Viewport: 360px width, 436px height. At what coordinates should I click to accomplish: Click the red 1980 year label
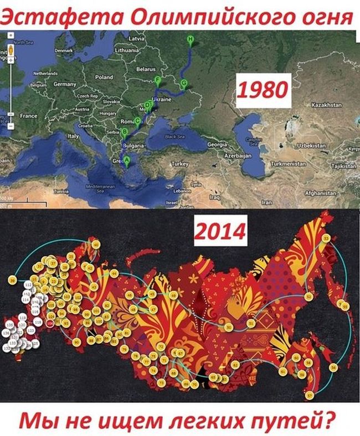[263, 90]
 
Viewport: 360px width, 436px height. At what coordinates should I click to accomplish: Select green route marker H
[191, 39]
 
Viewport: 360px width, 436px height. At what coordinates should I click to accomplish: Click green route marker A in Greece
[126, 160]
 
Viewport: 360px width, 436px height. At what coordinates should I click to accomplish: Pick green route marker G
[184, 84]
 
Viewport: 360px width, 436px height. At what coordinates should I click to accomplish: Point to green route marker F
[158, 81]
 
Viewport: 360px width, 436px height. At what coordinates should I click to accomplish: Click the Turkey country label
[181, 164]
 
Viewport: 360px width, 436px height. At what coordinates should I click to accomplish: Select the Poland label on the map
[104, 77]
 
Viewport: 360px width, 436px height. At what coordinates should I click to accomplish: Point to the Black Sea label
[174, 136]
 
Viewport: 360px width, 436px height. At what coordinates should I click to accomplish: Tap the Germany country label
[64, 84]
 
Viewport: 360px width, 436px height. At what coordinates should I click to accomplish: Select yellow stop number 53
[327, 238]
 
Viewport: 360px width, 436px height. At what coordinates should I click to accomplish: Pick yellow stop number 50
[228, 328]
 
